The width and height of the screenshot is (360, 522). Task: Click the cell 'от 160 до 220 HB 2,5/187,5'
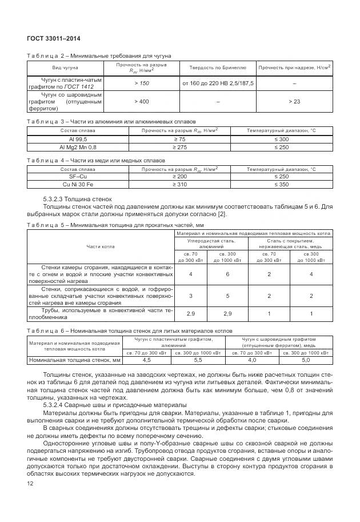click(x=218, y=83)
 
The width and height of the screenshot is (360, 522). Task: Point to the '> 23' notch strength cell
click(x=294, y=101)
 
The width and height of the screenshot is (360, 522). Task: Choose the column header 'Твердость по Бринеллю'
click(x=218, y=68)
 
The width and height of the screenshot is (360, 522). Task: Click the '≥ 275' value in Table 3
click(x=179, y=147)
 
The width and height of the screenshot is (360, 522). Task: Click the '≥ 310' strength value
click(x=179, y=185)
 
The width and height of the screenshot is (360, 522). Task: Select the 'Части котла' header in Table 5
click(x=100, y=246)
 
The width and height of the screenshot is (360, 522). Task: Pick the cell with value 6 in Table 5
click(x=227, y=274)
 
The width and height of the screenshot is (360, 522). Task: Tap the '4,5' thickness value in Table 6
click(x=146, y=360)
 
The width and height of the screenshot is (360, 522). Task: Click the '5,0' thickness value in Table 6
click(x=305, y=360)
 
